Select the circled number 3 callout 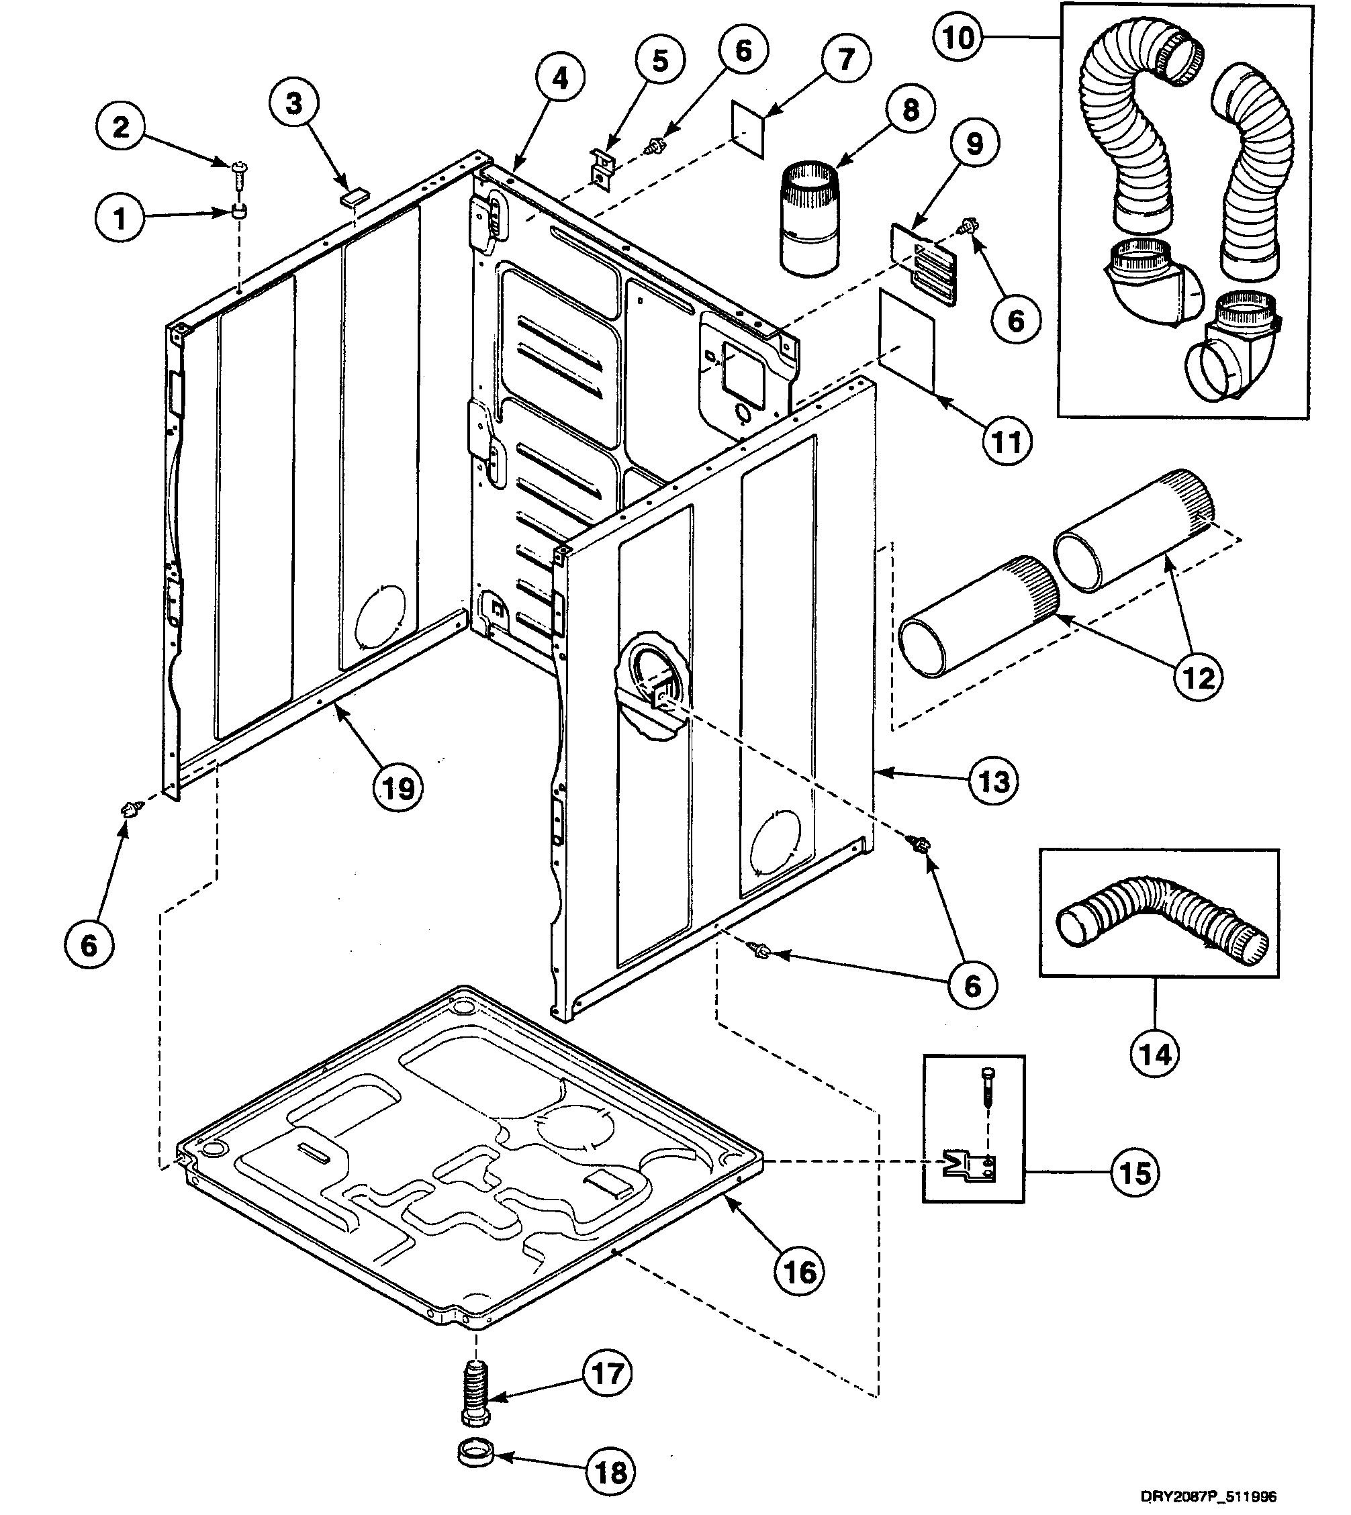[294, 104]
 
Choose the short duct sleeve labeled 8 [809, 219]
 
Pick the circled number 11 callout [1007, 442]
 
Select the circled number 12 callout [1198, 677]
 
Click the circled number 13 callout [994, 781]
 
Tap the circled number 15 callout [1135, 1173]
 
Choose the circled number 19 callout [398, 788]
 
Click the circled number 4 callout [560, 78]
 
